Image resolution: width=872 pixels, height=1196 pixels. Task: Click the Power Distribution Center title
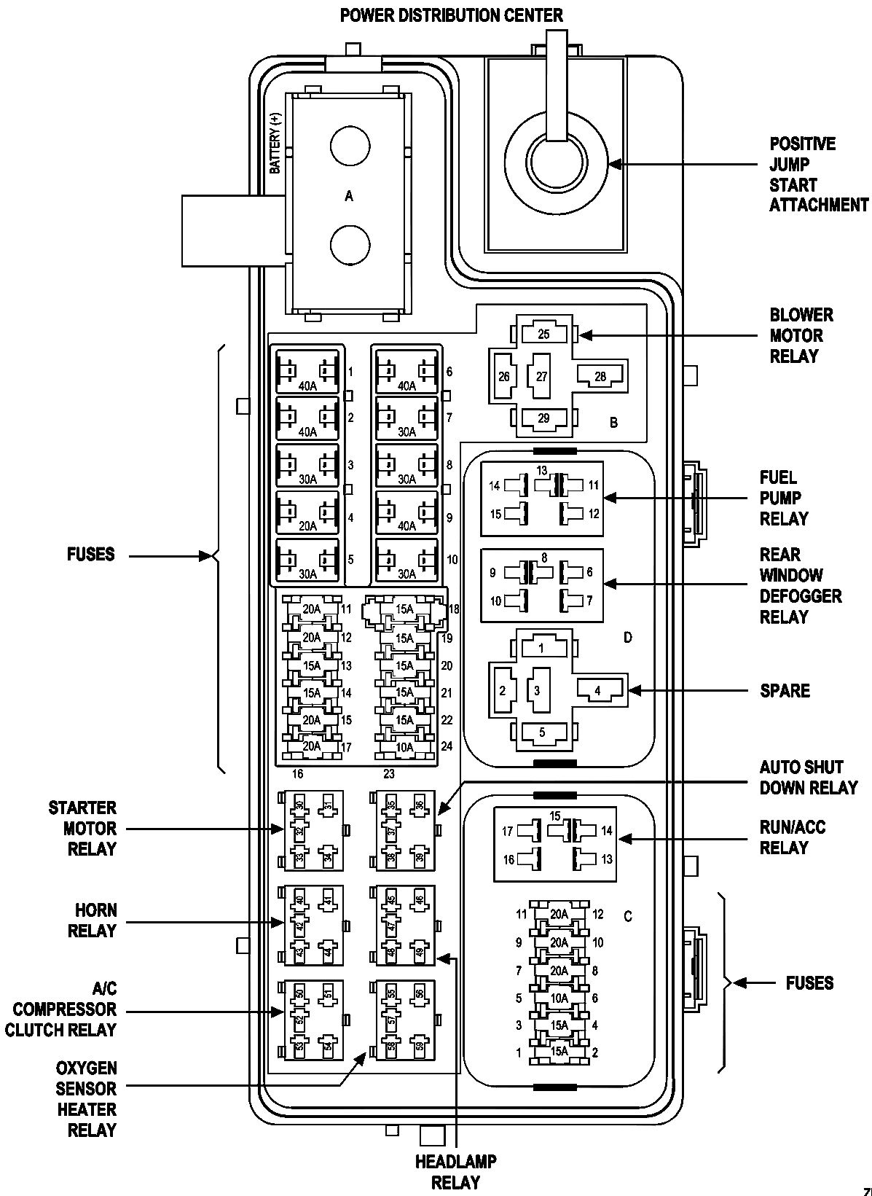(451, 15)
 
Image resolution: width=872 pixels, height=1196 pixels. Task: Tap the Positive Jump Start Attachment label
(818, 175)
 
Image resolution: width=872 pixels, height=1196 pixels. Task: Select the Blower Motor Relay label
(801, 336)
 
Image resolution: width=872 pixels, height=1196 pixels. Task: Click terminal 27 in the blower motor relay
(541, 377)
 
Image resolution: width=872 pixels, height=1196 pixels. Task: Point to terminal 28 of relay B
(600, 375)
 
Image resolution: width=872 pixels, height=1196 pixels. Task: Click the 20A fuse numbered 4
(307, 517)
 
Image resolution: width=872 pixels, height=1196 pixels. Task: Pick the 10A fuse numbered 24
(404, 746)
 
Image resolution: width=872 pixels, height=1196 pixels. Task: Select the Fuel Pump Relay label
(784, 499)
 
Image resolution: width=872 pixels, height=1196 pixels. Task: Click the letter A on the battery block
(349, 196)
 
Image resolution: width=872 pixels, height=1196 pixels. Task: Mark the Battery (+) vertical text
(275, 143)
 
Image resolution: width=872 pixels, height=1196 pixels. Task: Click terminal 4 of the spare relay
(597, 690)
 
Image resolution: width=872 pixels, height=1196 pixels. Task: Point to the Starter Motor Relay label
(82, 829)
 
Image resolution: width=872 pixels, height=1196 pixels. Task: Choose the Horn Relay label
(92, 921)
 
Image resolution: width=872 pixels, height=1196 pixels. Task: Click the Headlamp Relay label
(455, 1172)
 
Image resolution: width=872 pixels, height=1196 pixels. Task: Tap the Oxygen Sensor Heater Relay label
(86, 1099)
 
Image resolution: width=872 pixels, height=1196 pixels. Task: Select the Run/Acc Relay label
(793, 838)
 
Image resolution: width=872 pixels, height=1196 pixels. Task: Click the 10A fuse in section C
(559, 998)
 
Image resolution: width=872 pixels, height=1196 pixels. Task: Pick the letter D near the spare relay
(627, 638)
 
